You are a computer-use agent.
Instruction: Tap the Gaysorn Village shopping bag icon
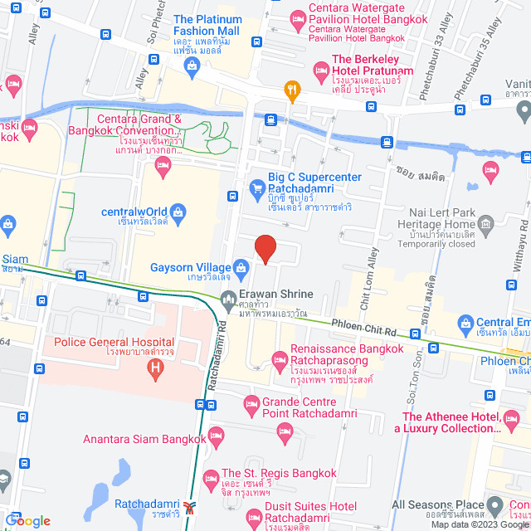point(241,267)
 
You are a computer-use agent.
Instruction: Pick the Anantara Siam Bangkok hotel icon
point(217,435)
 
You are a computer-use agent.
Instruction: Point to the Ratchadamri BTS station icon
point(192,507)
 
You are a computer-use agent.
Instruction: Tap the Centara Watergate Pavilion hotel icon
point(297,17)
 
